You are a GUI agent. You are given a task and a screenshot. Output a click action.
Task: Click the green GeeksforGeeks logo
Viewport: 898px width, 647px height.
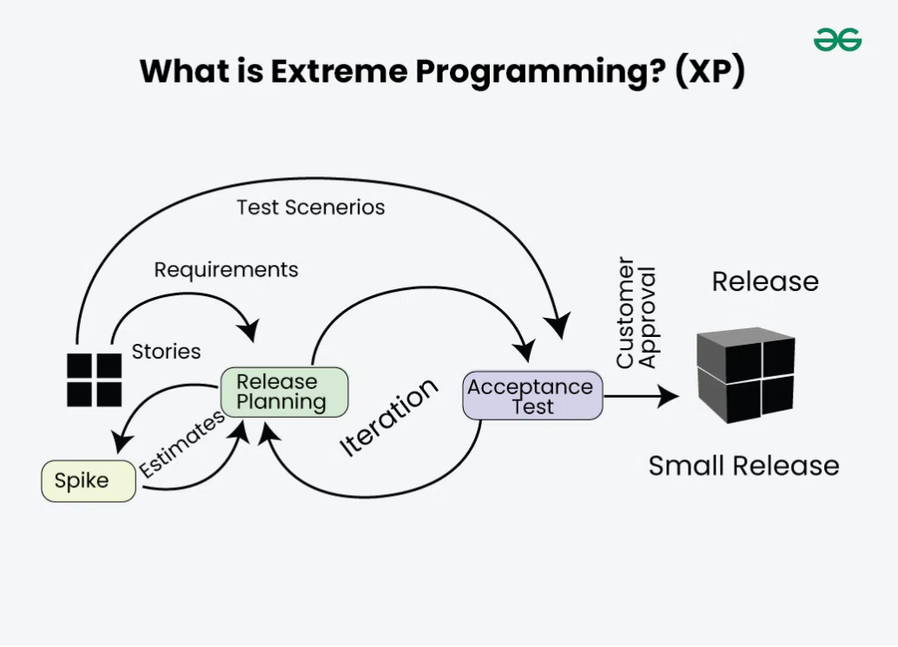tap(837, 40)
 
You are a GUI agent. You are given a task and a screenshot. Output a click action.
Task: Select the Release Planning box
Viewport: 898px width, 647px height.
tap(284, 392)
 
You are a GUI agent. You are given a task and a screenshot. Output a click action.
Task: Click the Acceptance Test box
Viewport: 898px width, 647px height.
tap(532, 396)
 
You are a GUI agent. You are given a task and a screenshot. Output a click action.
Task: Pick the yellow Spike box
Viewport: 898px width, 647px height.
tap(88, 481)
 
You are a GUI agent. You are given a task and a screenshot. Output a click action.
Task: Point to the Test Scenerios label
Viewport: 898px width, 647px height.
tap(310, 208)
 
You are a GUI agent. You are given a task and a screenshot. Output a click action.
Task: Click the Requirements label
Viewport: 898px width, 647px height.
tap(226, 270)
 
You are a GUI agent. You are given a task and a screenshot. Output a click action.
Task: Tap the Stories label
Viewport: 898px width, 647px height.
tap(166, 352)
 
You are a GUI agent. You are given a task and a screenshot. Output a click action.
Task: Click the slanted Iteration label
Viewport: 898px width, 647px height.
tap(388, 418)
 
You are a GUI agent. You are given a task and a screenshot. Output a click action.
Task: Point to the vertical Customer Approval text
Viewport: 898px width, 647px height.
tap(637, 312)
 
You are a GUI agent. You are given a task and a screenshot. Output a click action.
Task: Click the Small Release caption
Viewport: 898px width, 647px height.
tap(743, 465)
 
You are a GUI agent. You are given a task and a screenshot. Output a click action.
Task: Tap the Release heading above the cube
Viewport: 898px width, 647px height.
tap(765, 281)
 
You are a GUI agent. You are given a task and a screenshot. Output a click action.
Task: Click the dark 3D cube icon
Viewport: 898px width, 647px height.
tap(746, 374)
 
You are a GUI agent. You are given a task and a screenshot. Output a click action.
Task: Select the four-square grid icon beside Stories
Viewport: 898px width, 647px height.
tap(95, 380)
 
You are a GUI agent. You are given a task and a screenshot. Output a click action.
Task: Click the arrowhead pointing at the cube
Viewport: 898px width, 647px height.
tap(670, 397)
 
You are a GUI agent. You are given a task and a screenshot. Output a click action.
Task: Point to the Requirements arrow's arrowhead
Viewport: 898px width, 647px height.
tap(251, 333)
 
